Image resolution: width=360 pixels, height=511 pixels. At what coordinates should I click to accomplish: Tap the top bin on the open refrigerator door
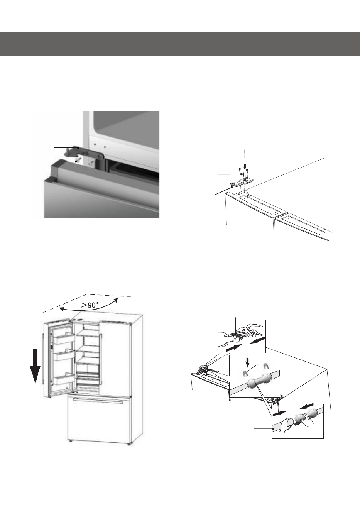coord(64,338)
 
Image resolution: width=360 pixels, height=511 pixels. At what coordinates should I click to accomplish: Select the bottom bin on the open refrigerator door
coord(64,379)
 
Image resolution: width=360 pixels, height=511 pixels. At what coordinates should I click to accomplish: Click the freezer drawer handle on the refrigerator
coord(97,400)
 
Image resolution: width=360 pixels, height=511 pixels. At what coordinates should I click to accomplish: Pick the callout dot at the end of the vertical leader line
coord(245,165)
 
